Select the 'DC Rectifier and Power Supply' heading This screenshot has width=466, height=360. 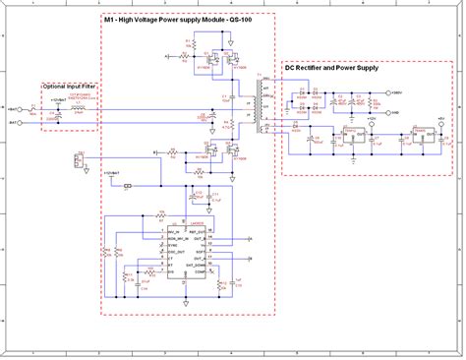(x=330, y=69)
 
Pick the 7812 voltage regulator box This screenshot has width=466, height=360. (x=345, y=133)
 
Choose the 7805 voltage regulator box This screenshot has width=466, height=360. (x=416, y=133)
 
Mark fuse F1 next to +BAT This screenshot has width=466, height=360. (x=34, y=110)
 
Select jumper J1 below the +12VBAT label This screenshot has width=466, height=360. (x=127, y=184)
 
